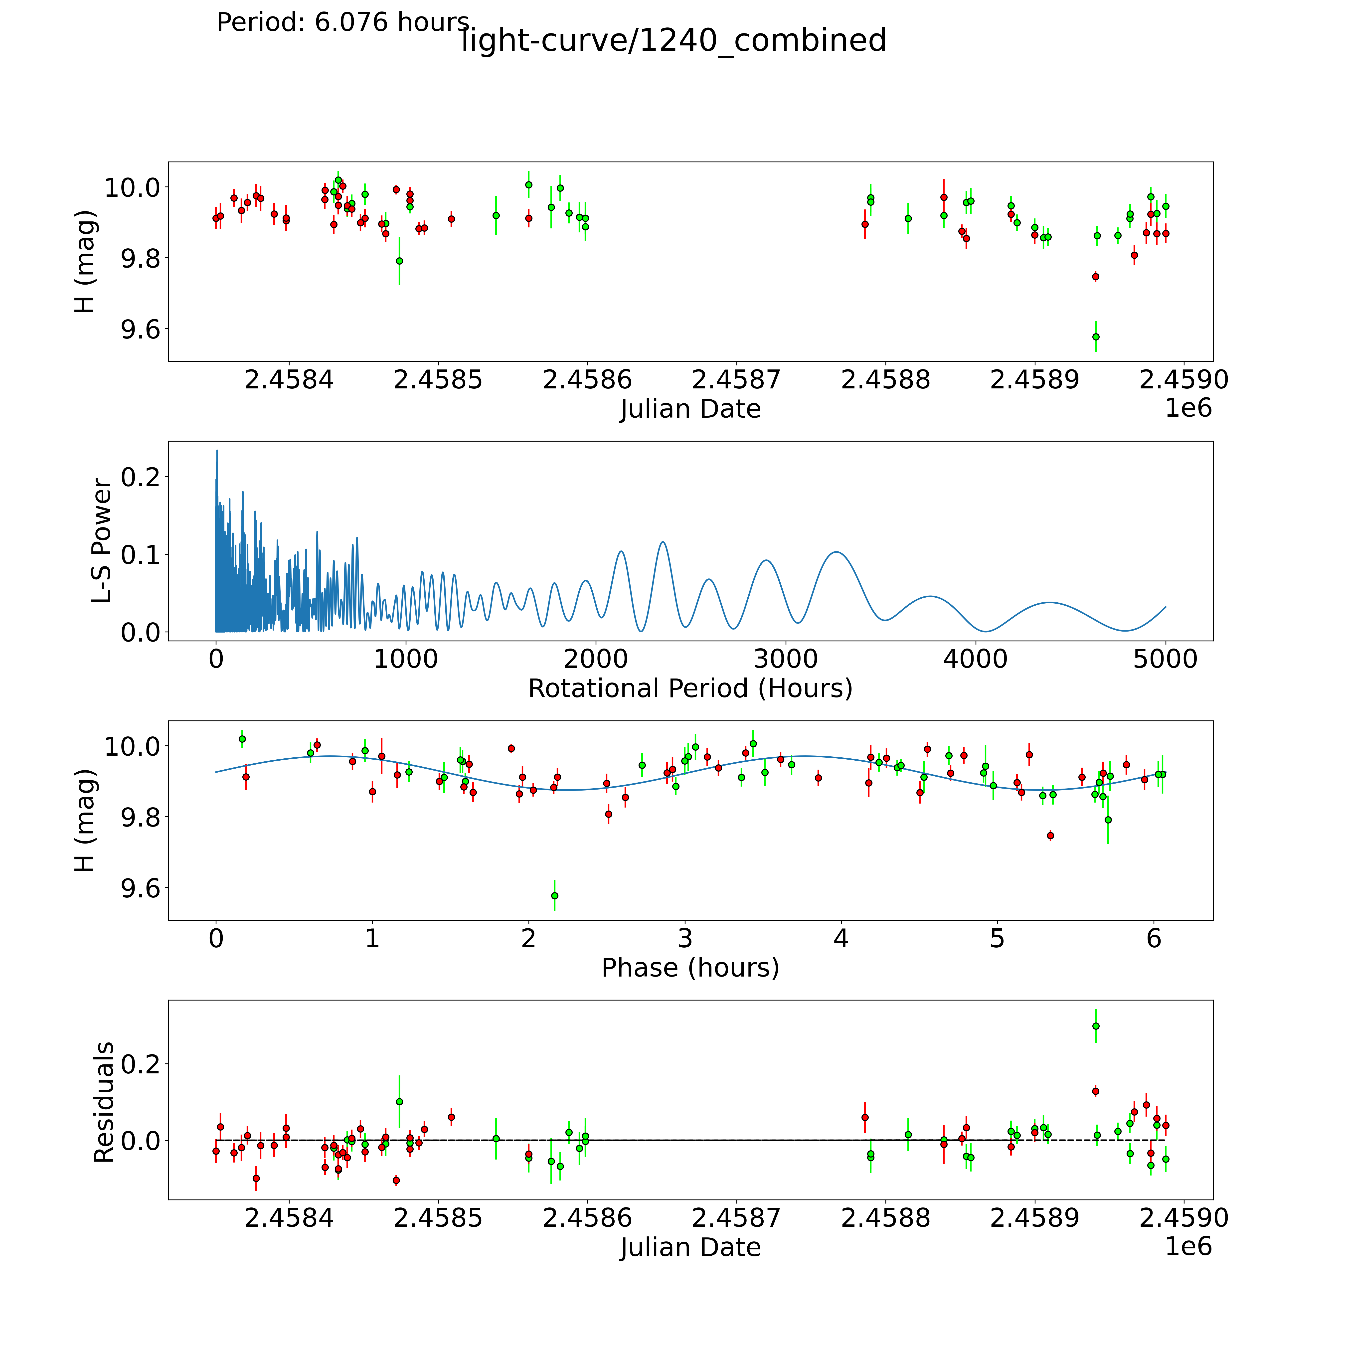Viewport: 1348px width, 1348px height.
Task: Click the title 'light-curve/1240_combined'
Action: pyautogui.click(x=673, y=40)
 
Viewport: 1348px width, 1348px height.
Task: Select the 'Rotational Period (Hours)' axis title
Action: pyautogui.click(x=690, y=689)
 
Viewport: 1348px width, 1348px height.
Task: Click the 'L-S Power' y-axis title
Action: pyautogui.click(x=102, y=541)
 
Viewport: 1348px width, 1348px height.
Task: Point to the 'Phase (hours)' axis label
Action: pyautogui.click(x=690, y=968)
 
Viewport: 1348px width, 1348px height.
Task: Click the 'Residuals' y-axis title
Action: pyautogui.click(x=103, y=1102)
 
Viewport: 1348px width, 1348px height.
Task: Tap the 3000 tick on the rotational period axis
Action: pyautogui.click(x=786, y=659)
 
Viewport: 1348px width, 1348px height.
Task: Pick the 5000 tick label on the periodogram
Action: pyautogui.click(x=1165, y=659)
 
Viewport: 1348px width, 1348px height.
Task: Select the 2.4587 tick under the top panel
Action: pyautogui.click(x=736, y=380)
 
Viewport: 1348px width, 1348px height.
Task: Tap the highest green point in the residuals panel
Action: pyautogui.click(x=1095, y=1026)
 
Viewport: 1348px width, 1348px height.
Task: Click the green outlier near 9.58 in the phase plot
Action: pyautogui.click(x=555, y=895)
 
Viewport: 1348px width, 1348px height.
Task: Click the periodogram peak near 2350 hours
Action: pyautogui.click(x=662, y=542)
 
